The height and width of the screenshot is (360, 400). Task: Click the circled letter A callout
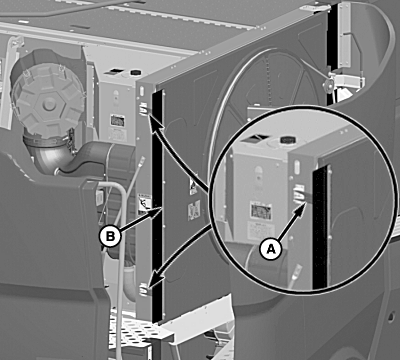pyautogui.click(x=271, y=249)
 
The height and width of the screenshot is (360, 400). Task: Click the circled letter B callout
pyautogui.click(x=110, y=236)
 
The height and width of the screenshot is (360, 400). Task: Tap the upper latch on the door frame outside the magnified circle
pyautogui.click(x=144, y=109)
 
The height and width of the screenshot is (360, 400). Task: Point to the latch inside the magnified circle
pyautogui.click(x=299, y=194)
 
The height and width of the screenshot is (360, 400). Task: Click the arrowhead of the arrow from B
pyautogui.click(x=156, y=212)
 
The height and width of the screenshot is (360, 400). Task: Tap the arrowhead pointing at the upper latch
pyautogui.click(x=154, y=123)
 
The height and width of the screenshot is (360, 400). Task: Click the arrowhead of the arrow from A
pyautogui.click(x=302, y=209)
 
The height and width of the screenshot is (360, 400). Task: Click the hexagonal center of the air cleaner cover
pyautogui.click(x=50, y=104)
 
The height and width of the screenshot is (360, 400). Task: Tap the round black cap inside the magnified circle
pyautogui.click(x=286, y=140)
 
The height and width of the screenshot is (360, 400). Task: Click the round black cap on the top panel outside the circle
pyautogui.click(x=135, y=72)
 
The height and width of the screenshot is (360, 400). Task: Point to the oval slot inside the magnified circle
pyautogui.click(x=297, y=167)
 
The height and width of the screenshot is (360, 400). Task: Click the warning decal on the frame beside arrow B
pyautogui.click(x=144, y=204)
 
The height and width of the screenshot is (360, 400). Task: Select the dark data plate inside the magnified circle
pyautogui.click(x=260, y=211)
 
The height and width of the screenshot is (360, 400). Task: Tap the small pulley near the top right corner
pyautogui.click(x=328, y=85)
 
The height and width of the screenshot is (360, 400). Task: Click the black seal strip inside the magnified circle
pyautogui.click(x=320, y=227)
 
